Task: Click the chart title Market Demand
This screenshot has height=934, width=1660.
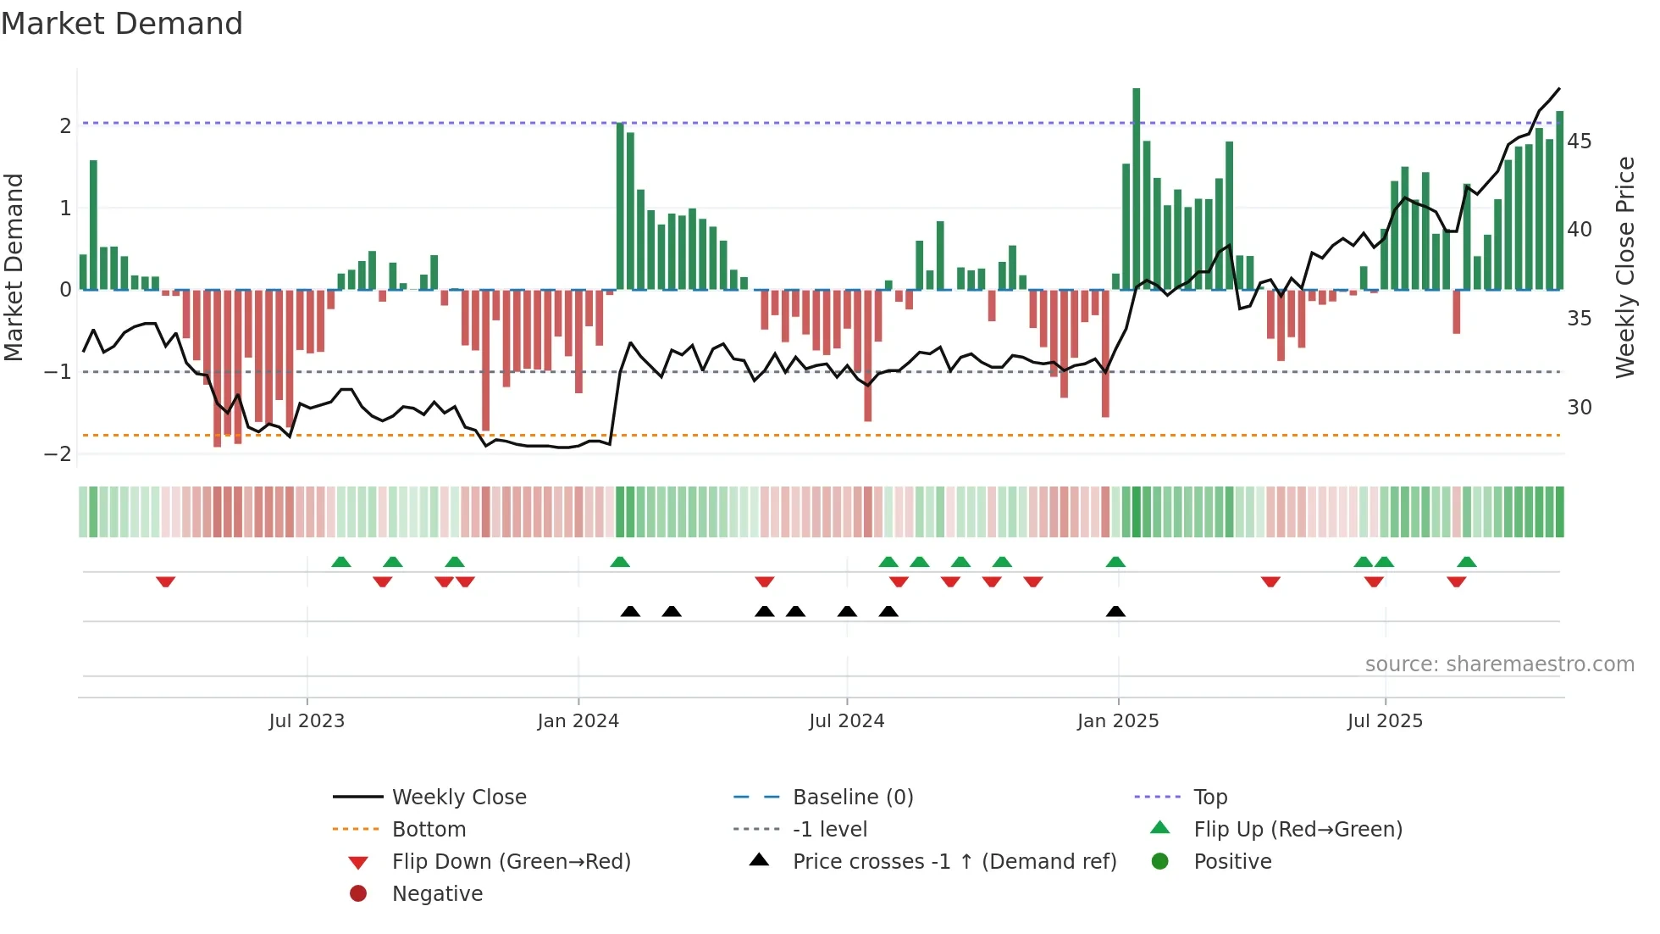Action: click(x=122, y=24)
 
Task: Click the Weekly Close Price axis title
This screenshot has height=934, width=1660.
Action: click(x=1624, y=267)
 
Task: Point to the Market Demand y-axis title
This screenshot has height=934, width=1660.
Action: click(x=14, y=267)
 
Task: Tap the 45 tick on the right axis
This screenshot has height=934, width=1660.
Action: click(x=1579, y=142)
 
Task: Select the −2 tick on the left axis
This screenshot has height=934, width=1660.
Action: click(x=58, y=454)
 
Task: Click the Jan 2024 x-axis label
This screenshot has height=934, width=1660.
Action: click(x=578, y=721)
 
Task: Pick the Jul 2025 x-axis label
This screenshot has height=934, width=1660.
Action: click(x=1385, y=721)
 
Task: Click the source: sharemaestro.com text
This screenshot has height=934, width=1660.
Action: click(x=1499, y=664)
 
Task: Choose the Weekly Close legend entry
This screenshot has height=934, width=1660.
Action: click(x=458, y=798)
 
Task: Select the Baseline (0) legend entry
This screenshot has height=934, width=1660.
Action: click(x=852, y=798)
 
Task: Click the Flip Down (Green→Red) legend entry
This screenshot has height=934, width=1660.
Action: click(x=511, y=862)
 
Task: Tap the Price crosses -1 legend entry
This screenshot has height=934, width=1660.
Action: click(x=954, y=862)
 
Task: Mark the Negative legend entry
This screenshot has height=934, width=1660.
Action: click(x=437, y=894)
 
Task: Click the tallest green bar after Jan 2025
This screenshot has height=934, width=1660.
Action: click(x=1137, y=188)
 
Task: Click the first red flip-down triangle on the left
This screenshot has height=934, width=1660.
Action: click(x=166, y=581)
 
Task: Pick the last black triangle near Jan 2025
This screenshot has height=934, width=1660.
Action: click(x=1115, y=611)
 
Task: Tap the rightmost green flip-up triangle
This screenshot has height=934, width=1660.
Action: click(x=1467, y=562)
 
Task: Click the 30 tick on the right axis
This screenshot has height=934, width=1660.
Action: click(x=1579, y=408)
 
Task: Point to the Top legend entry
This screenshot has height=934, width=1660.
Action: click(x=1209, y=798)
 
